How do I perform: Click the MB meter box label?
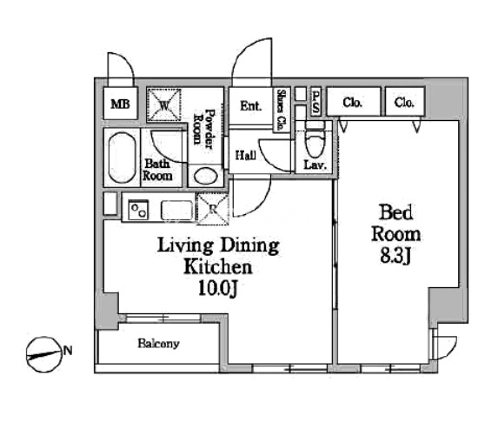[x=121, y=104]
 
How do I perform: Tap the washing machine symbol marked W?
[x=164, y=105]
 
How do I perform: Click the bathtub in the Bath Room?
[x=122, y=158]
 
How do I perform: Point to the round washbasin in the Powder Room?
[x=206, y=177]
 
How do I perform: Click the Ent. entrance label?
[x=250, y=106]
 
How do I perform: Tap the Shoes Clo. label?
[x=282, y=110]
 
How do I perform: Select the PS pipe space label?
[x=315, y=102]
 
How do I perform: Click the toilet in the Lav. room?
[x=315, y=141]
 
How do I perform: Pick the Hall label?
[x=246, y=156]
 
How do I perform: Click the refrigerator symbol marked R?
[x=213, y=209]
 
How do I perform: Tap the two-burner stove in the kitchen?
[x=138, y=210]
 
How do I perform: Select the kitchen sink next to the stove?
[x=177, y=210]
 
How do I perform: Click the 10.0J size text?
[x=217, y=288]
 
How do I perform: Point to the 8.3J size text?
[x=396, y=256]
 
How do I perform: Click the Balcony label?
[x=158, y=344]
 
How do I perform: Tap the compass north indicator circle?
[x=44, y=354]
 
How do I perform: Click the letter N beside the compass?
[x=68, y=351]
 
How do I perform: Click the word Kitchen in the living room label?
[x=218, y=267]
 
